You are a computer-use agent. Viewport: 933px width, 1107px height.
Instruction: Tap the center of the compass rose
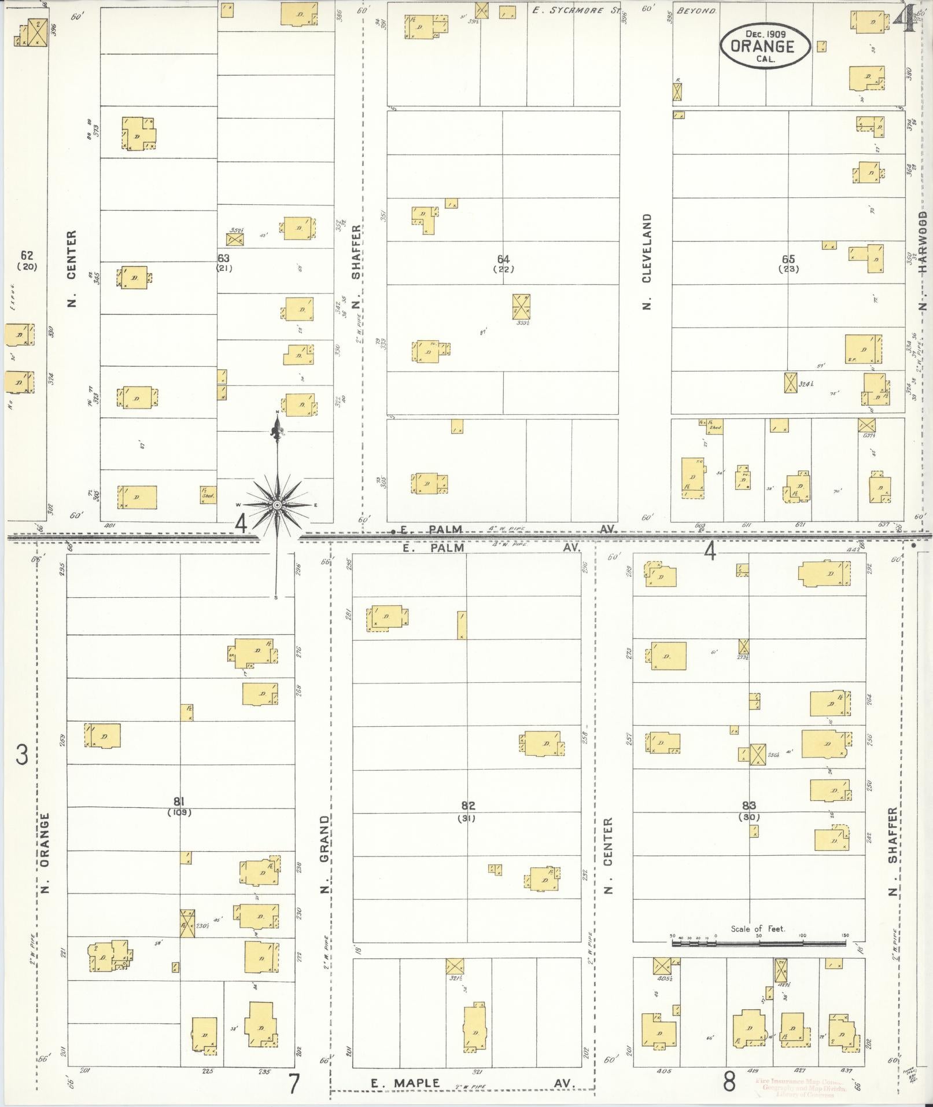click(x=278, y=505)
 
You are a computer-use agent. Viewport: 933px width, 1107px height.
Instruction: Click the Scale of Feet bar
click(x=758, y=943)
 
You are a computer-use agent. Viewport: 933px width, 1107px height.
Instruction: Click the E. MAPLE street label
click(x=405, y=1083)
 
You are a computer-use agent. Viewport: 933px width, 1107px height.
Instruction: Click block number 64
click(x=503, y=259)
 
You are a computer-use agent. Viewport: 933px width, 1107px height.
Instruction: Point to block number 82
click(x=468, y=805)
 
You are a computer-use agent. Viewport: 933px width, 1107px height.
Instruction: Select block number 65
click(x=788, y=259)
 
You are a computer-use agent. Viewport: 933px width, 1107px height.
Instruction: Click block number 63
click(x=224, y=258)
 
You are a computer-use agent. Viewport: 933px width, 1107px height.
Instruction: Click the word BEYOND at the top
click(x=696, y=10)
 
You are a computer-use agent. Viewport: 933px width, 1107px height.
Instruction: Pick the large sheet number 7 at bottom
click(x=294, y=1084)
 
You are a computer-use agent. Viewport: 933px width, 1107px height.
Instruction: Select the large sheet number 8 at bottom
click(x=729, y=1081)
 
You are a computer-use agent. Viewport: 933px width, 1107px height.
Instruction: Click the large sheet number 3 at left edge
click(x=22, y=755)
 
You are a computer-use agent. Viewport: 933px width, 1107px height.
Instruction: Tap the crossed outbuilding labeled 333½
click(x=521, y=306)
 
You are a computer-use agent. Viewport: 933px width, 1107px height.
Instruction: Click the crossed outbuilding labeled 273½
click(x=744, y=646)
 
